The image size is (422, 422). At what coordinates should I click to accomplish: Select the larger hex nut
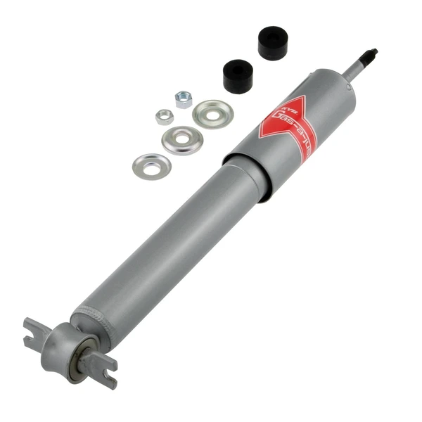click(x=184, y=99)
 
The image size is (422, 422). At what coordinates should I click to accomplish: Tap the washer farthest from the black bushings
click(x=151, y=165)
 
